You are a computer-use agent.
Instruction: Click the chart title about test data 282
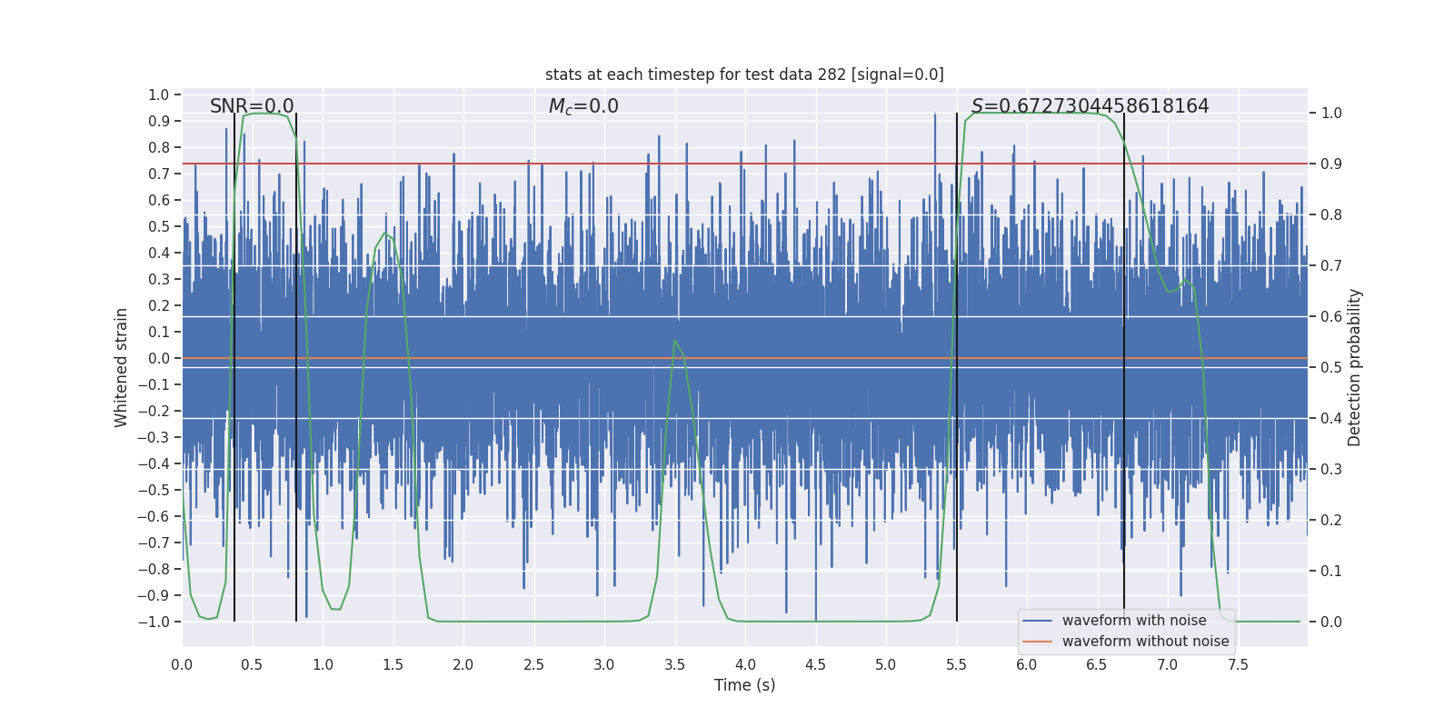click(744, 75)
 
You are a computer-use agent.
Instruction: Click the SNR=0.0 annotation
click(252, 106)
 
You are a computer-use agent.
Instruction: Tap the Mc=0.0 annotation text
click(583, 106)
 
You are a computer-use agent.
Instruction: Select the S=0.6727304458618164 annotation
click(1090, 106)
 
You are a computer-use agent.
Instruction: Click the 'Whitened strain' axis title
click(121, 367)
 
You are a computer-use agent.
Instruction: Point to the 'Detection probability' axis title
click(1355, 367)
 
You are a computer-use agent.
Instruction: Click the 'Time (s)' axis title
click(744, 685)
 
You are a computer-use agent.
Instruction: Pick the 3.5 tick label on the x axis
click(674, 665)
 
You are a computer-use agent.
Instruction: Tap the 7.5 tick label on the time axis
click(1238, 665)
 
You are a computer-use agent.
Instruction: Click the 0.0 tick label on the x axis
click(182, 665)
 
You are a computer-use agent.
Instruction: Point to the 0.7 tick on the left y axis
click(158, 174)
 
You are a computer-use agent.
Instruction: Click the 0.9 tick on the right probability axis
click(1331, 164)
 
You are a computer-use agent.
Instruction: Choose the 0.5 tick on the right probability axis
click(1331, 367)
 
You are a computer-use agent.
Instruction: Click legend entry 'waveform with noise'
click(1133, 621)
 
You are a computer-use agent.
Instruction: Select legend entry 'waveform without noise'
click(1145, 642)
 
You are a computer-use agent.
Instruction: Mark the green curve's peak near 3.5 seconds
click(674, 341)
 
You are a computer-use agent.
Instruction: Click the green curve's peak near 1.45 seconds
click(385, 234)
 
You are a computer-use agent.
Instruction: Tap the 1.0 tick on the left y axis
click(158, 95)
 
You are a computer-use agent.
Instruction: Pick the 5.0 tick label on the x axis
click(885, 665)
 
